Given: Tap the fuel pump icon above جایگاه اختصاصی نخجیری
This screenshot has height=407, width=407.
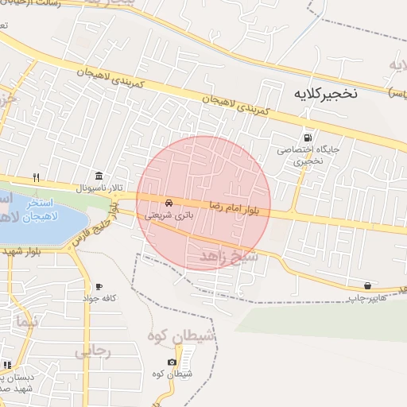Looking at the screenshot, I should click(x=307, y=135).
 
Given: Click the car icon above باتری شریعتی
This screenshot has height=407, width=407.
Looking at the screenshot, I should click(x=169, y=202).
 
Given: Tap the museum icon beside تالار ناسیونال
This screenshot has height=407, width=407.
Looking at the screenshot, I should click(x=99, y=176).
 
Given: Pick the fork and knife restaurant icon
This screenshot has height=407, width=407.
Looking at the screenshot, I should click(x=36, y=176).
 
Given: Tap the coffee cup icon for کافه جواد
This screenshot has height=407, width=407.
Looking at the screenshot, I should click(x=99, y=286).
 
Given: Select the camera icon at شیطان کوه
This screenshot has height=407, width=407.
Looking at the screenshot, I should click(x=172, y=362).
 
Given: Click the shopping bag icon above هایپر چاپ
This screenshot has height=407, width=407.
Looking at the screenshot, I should click(x=367, y=285).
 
